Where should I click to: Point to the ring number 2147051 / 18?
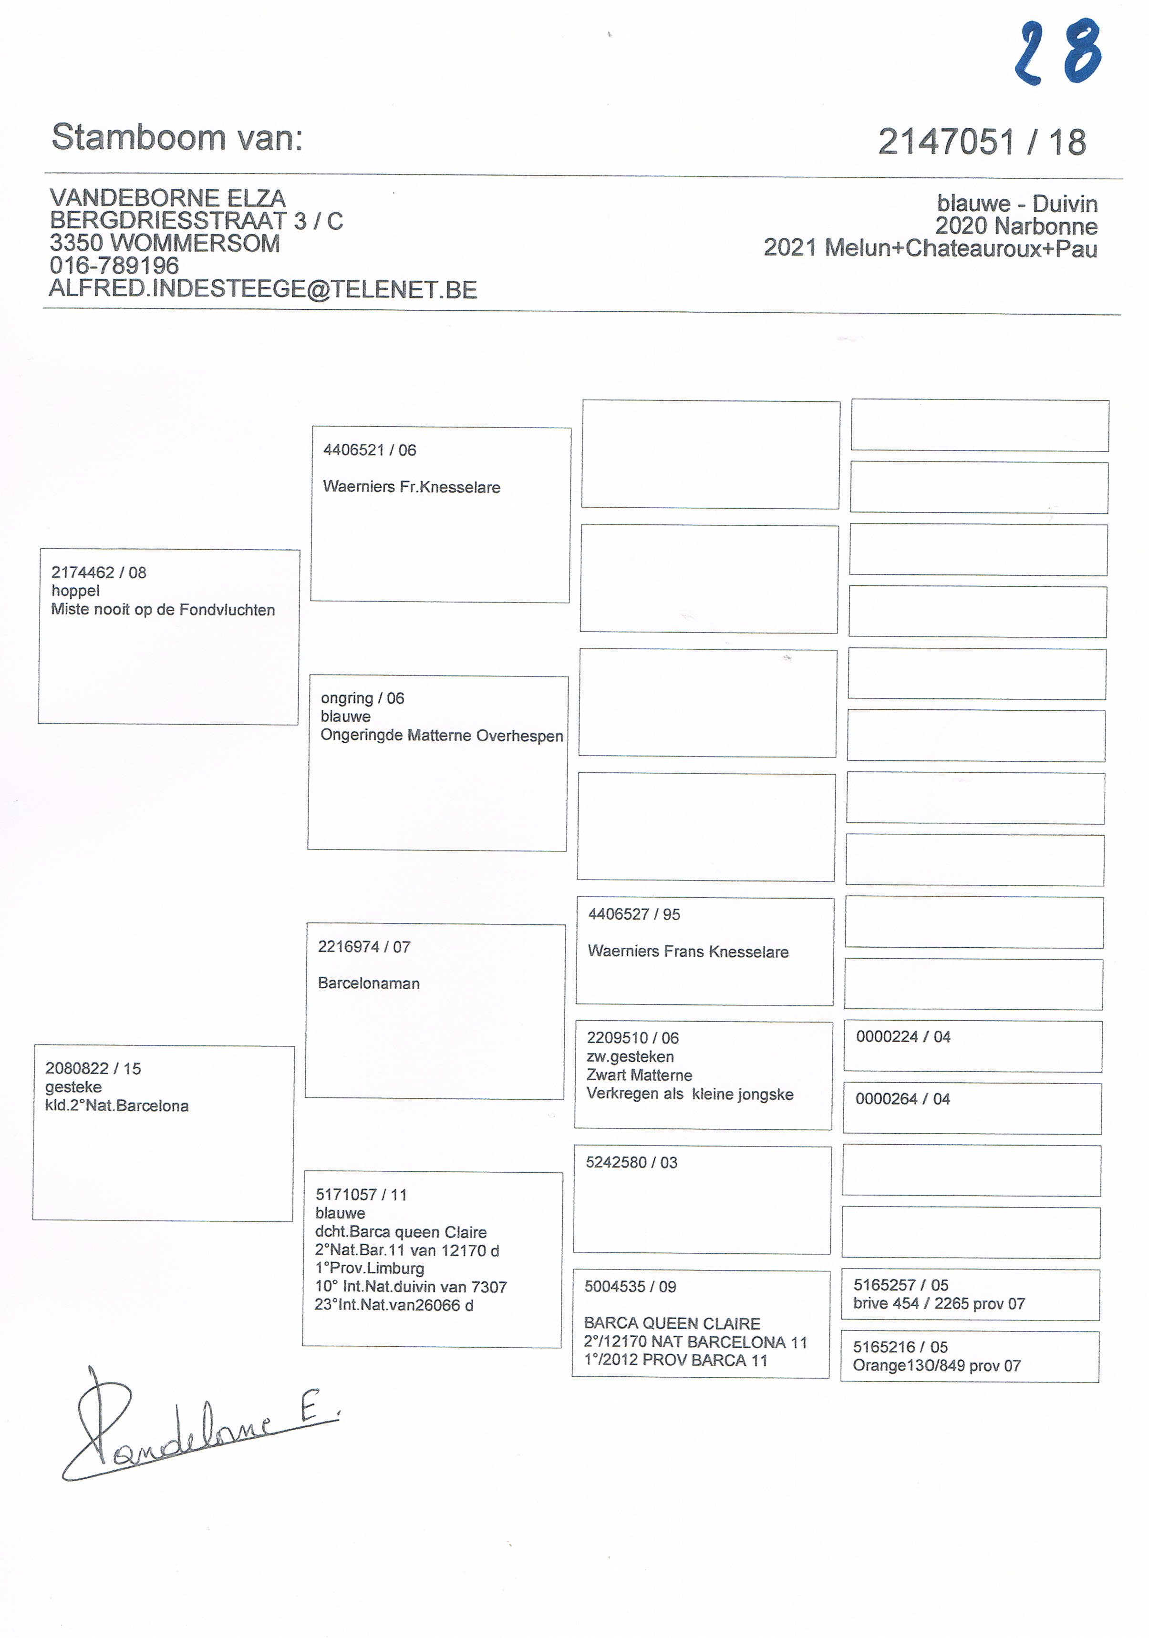(x=981, y=142)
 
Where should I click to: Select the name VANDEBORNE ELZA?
(x=168, y=198)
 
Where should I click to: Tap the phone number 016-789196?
(x=114, y=266)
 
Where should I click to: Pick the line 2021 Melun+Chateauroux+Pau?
(x=930, y=248)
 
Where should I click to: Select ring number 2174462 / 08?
(x=98, y=572)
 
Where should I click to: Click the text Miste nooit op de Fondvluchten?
(x=163, y=610)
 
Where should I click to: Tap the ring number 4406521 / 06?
(x=369, y=450)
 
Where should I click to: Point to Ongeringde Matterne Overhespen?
(x=441, y=736)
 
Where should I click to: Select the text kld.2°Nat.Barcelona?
(x=116, y=1106)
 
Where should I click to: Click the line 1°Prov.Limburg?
(x=369, y=1269)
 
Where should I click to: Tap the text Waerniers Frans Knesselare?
(x=687, y=952)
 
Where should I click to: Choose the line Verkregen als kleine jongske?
(x=689, y=1095)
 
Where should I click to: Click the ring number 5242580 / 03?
(x=631, y=1163)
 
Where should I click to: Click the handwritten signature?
(x=193, y=1427)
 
